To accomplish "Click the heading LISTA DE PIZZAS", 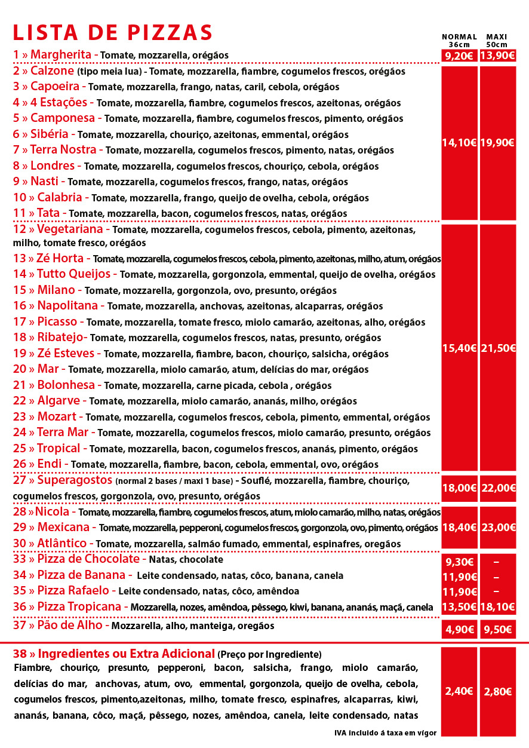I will pos(113,32).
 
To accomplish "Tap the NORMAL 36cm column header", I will pos(459,41).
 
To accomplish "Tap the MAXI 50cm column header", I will pos(497,41).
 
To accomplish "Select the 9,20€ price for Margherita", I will pos(459,56).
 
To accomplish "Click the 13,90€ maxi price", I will pos(497,56).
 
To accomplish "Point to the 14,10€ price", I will pos(459,143).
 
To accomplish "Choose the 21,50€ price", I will pos(497,348).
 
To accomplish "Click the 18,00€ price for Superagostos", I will pos(459,488).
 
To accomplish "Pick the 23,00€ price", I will pos(497,527).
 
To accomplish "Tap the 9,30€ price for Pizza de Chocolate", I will pos(459,562).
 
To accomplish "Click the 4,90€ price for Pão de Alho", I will pos(459,629).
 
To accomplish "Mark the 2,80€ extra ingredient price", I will pos(497,691).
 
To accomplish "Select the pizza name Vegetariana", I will pos(73,229).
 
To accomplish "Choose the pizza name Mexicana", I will pos(67,528).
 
